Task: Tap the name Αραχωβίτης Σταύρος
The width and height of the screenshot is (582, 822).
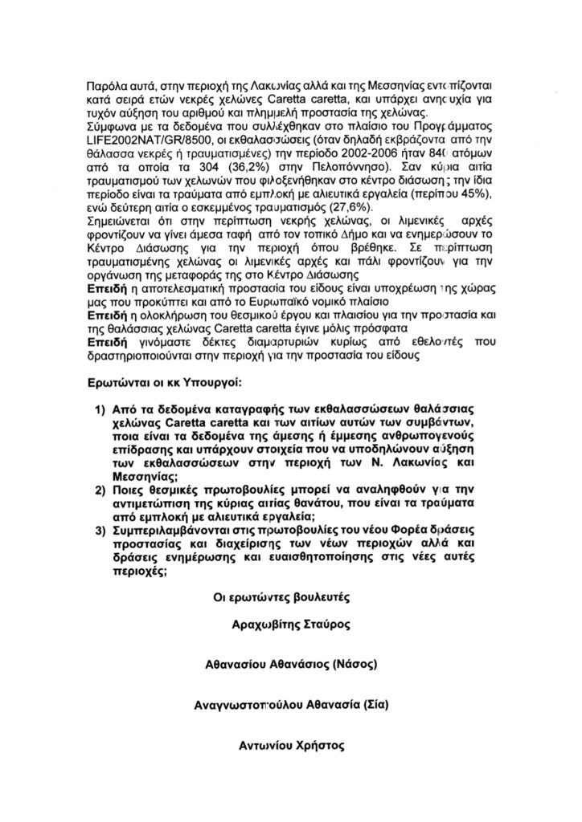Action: pyautogui.click(x=290, y=624)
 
